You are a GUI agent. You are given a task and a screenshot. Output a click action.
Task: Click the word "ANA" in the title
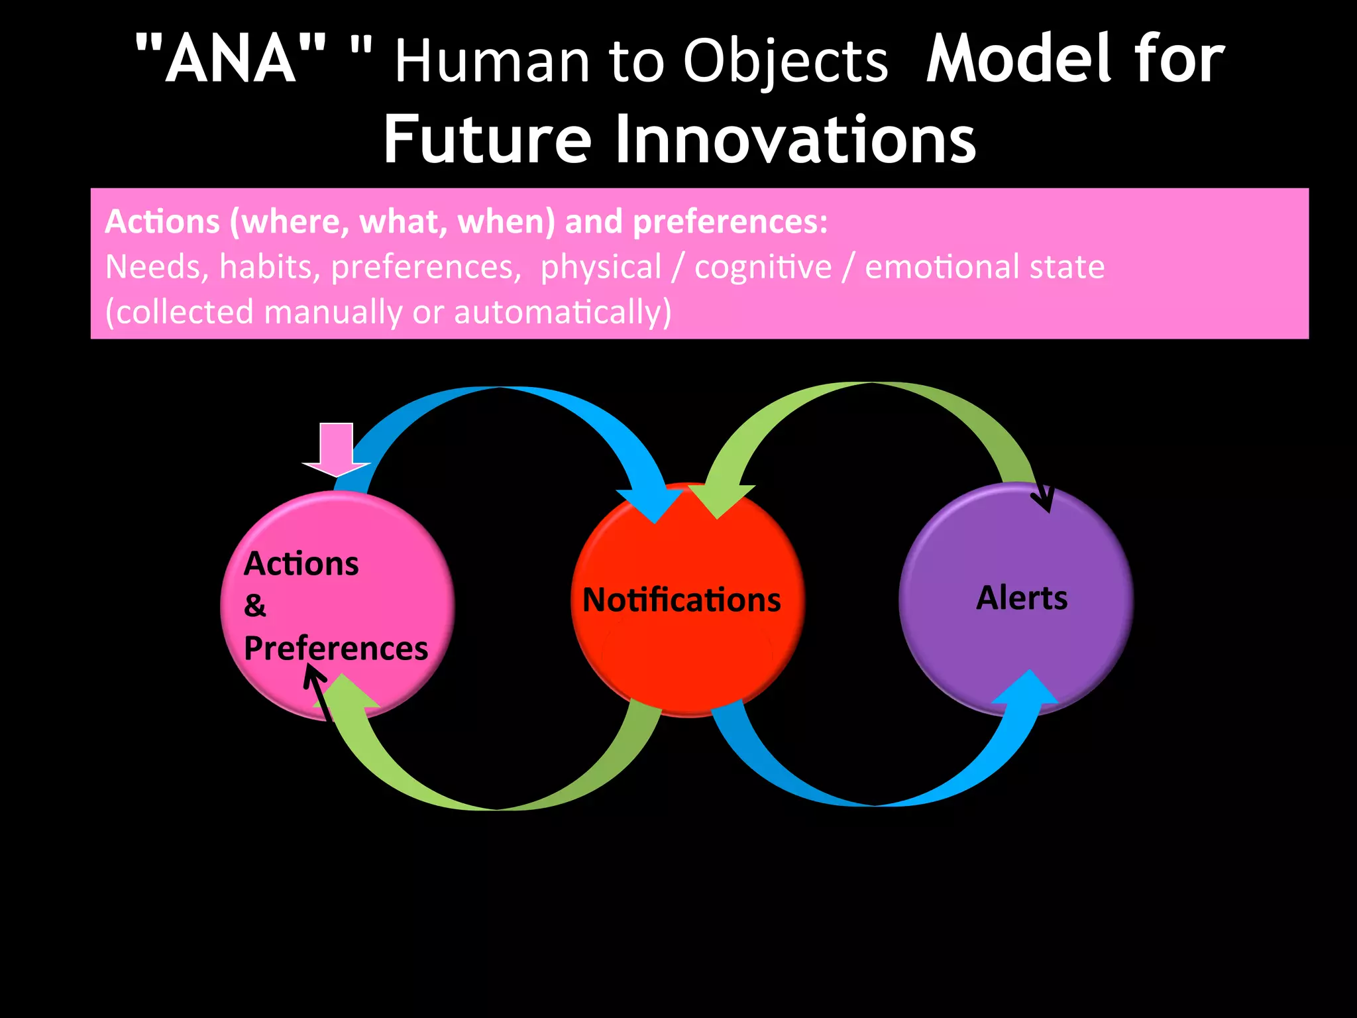(231, 60)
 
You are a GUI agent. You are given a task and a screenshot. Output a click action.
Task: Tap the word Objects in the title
(785, 62)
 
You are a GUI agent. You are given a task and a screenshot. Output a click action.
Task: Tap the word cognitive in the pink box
(763, 267)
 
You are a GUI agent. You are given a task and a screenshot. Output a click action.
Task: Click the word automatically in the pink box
(562, 312)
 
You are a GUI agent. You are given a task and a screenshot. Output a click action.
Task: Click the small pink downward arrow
(336, 451)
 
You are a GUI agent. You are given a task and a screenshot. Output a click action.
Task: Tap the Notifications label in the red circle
(681, 600)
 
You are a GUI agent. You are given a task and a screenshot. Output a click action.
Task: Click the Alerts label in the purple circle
(1022, 598)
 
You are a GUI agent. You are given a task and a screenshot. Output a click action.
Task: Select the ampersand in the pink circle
(254, 606)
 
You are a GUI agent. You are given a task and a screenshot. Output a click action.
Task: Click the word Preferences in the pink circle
(335, 648)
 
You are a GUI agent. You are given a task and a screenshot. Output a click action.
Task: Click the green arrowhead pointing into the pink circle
(345, 693)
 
